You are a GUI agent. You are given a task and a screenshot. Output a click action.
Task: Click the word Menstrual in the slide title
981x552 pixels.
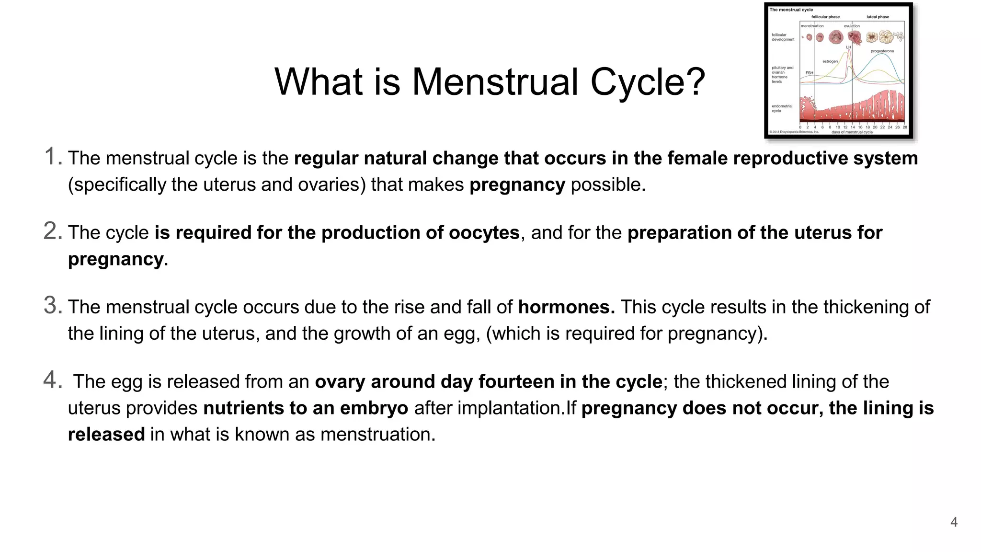(495, 81)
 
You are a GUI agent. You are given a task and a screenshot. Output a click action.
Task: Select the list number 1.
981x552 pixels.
(51, 157)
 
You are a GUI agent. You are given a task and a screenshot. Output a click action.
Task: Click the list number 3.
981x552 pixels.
(52, 305)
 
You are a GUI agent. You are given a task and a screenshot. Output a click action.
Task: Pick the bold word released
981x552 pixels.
(106, 434)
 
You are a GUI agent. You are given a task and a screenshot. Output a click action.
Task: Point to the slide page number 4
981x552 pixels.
(954, 522)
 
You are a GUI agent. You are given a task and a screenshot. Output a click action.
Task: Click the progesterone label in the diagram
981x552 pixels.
(882, 51)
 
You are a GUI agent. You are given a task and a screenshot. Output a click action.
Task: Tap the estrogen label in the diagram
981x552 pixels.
(830, 61)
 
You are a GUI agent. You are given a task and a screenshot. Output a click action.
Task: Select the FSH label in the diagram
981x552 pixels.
(809, 73)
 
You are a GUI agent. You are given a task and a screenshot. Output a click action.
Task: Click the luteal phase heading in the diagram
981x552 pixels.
(878, 17)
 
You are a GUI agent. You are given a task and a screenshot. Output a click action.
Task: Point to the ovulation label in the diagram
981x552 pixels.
(852, 26)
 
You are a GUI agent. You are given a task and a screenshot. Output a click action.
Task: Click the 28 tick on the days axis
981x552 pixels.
(904, 127)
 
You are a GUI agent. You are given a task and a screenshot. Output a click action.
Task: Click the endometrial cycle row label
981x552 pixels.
(782, 108)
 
